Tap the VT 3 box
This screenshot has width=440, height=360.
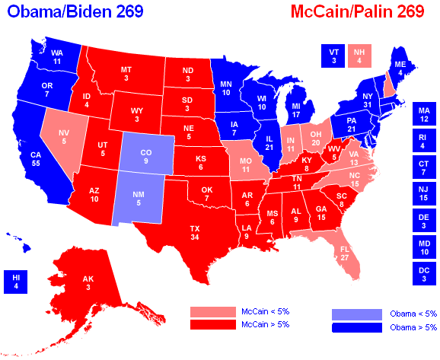pos(333,56)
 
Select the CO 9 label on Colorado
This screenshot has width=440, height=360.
pos(145,158)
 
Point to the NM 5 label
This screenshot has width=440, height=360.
pos(139,199)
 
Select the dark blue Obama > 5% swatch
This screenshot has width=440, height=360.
pos(357,327)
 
